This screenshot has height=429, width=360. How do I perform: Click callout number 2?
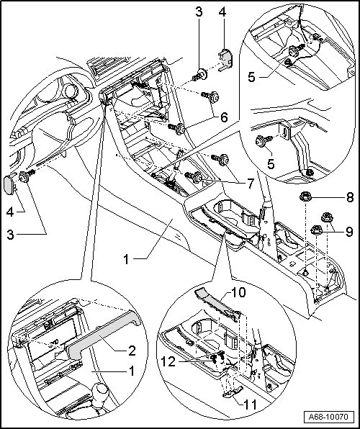[x=132, y=351]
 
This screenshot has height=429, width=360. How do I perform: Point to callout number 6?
[x=224, y=117]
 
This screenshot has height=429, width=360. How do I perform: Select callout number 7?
[x=251, y=184]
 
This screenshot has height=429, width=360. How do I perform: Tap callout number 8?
[x=350, y=197]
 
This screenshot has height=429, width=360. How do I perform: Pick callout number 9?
[x=349, y=232]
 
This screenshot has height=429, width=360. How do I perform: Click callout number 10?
[x=238, y=292]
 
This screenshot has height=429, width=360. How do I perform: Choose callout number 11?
[x=251, y=405]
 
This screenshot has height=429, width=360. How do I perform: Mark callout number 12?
[x=168, y=362]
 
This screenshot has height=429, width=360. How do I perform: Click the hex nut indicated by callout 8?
[x=305, y=197]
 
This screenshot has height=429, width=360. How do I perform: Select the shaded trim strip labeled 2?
[x=104, y=333]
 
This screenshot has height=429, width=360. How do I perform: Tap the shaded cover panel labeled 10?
[x=217, y=303]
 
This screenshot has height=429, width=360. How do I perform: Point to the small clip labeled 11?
[x=233, y=392]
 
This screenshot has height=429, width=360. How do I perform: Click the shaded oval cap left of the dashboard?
[x=9, y=185]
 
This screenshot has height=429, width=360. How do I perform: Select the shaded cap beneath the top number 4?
[x=226, y=58]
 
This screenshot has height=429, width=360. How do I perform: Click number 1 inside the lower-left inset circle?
[x=132, y=371]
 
